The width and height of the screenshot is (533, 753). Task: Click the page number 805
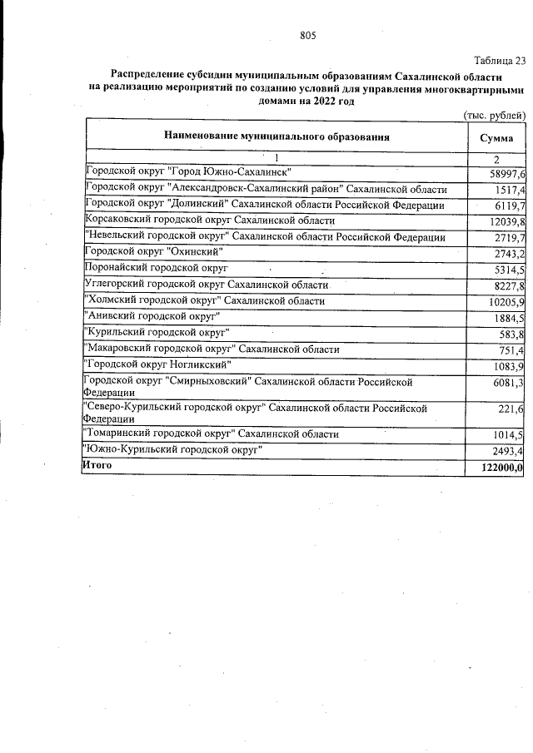(x=308, y=35)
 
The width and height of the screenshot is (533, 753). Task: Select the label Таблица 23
(x=500, y=61)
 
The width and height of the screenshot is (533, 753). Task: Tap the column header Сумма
(x=496, y=136)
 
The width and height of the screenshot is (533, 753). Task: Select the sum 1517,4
(x=509, y=190)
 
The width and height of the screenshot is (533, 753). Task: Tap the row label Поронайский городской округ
(x=157, y=268)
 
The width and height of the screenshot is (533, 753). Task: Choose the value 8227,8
(x=509, y=285)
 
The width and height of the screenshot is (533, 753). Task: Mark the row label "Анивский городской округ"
(x=152, y=316)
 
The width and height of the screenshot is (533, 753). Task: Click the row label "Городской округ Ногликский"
(x=158, y=364)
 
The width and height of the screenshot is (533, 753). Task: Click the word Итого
(x=97, y=465)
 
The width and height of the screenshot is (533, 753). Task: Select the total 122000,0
(x=500, y=468)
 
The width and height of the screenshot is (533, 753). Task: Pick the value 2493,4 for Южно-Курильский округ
(x=509, y=452)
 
